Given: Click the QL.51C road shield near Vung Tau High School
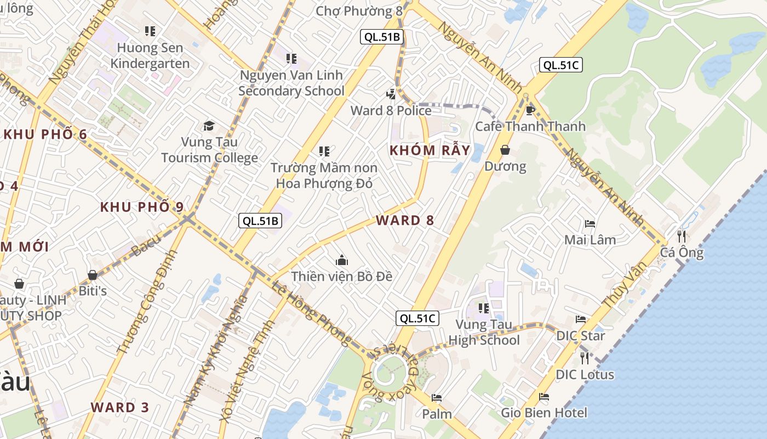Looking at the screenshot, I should coord(417,318).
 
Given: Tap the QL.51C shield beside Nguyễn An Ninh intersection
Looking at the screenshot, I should coord(560,65).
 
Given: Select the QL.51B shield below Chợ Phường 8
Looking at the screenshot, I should coord(382,37).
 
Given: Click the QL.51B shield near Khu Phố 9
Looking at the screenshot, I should coord(261,221).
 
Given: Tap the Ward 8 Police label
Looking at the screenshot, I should coord(391,110).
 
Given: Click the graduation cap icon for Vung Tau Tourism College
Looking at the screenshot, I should coord(209,126).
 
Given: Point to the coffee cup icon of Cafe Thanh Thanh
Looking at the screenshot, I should coord(530,110).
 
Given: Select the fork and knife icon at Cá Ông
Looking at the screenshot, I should coord(682,237).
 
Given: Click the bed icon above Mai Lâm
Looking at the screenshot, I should coord(590,223).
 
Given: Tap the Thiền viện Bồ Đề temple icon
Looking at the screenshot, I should coord(342,260).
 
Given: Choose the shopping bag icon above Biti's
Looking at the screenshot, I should coord(93,275).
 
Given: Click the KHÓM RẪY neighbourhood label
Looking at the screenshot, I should coord(430,150).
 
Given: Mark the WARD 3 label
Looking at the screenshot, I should coord(120,408).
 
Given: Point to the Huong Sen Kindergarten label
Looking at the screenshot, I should coord(150,55).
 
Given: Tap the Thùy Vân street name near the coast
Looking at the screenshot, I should coord(624,284).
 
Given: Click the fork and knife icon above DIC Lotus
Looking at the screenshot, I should coord(585,358).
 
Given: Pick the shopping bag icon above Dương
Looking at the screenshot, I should coord(505,150).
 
